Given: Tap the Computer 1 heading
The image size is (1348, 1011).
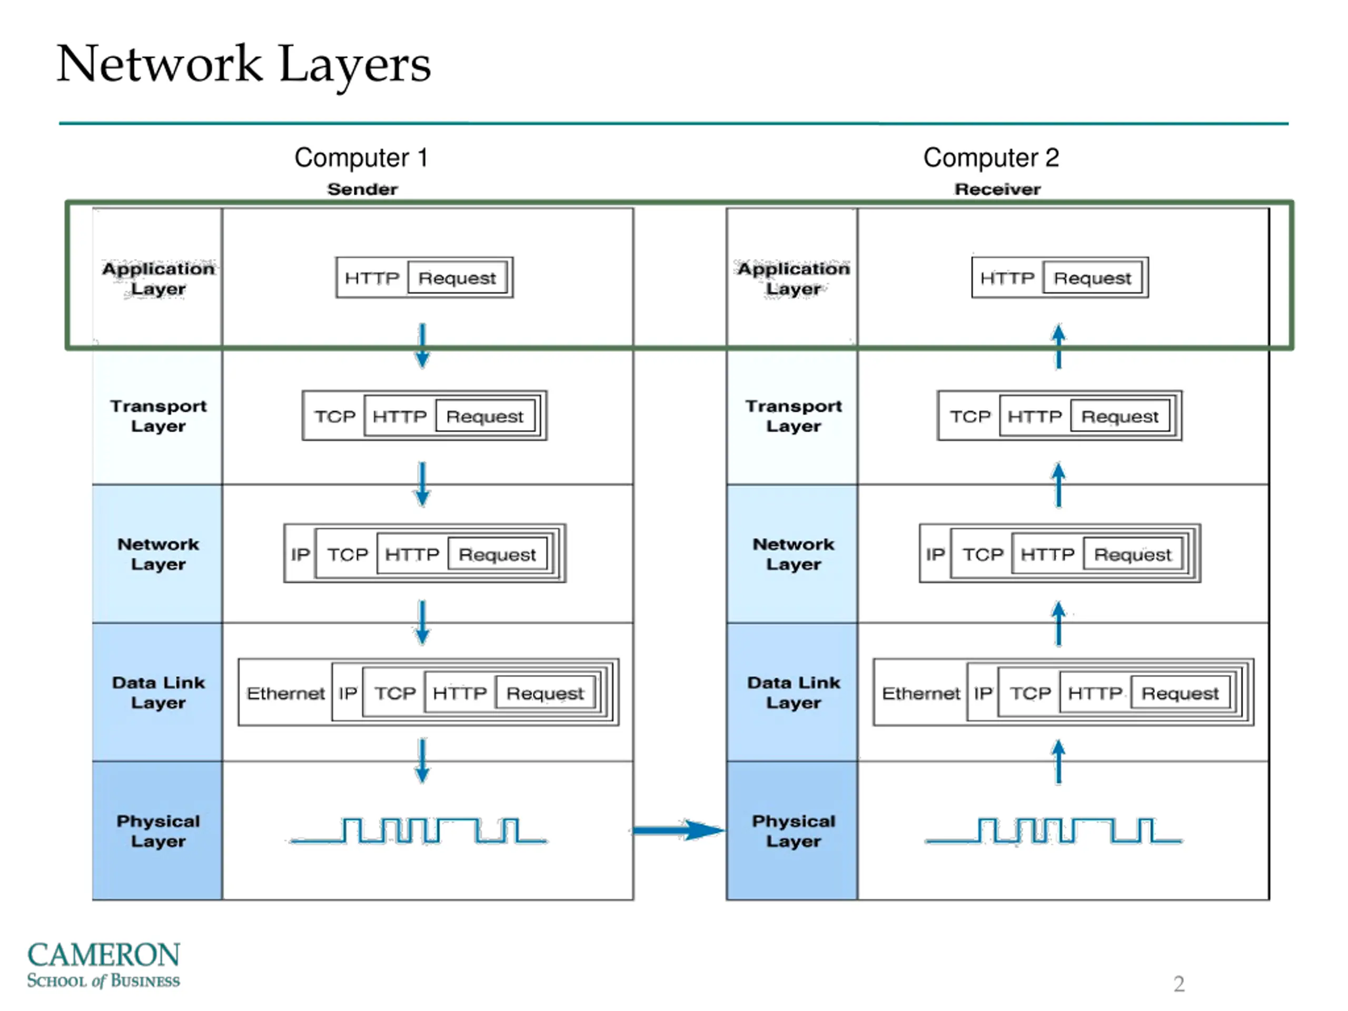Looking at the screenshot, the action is coord(361,158).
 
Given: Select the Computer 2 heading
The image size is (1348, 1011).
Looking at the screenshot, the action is coord(992,158).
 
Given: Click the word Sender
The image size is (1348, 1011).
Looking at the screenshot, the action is coord(363,189).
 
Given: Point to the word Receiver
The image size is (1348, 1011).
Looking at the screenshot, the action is coord(998,189).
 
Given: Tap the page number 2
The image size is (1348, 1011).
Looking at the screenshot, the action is coord(1179,984).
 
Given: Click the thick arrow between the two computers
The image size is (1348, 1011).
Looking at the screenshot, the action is coord(679,829).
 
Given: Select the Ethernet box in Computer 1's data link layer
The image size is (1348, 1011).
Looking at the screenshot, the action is coord(285,693).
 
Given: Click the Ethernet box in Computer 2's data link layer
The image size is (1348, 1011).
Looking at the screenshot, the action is coord(921,693).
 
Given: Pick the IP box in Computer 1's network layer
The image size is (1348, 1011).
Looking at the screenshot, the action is coord(300,554).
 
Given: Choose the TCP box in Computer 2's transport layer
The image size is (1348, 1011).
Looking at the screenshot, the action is coord(969,416).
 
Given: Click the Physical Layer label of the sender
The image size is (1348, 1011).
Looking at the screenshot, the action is coord(158,830).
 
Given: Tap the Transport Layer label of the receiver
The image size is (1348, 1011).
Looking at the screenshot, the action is coord(794,415).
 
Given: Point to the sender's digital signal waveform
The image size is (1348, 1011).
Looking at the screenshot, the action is coord(419,830).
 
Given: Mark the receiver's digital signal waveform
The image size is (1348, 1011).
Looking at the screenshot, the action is coord(1054,830).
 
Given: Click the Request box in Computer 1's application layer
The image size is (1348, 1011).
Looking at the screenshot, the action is coord(457,278).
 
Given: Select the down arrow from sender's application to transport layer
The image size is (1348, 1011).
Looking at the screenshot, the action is coord(422,345).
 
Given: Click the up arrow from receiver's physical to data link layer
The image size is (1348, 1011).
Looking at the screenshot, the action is coord(1058,761).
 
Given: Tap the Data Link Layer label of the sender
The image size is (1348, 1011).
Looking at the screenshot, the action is coord(158,692).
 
